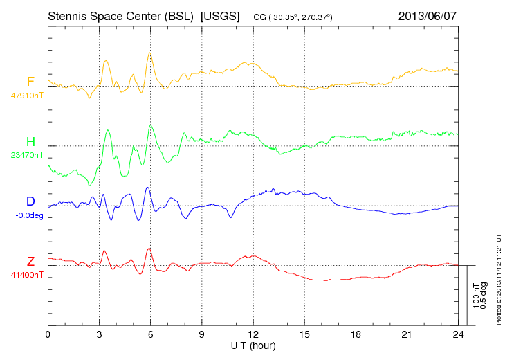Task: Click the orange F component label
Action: (30, 82)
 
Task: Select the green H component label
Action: (30, 143)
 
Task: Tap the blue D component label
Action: (30, 202)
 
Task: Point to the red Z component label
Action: (30, 262)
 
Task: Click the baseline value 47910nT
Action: (26, 96)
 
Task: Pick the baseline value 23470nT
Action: (26, 156)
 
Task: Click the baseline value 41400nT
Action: (26, 275)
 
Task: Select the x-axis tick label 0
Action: (48, 334)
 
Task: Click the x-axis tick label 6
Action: (150, 334)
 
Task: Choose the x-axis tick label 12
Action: (253, 334)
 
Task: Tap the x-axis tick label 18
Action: (356, 334)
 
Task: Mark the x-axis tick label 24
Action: (458, 334)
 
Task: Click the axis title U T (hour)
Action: (253, 345)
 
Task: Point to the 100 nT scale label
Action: (476, 295)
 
